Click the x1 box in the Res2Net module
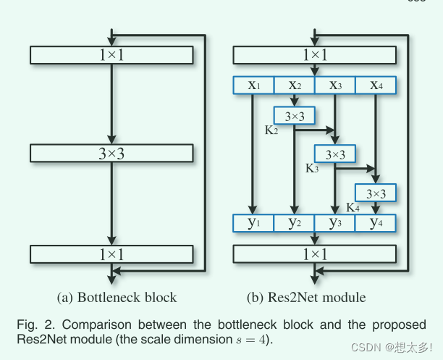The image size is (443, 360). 253,85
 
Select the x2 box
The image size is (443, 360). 294,85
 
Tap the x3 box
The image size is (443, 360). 334,85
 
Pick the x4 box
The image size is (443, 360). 375,85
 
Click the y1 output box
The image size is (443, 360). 253,223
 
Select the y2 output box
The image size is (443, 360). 294,223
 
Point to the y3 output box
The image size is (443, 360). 334,223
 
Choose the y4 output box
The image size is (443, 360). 375,223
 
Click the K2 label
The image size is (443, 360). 272,130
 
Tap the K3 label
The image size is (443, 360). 312,169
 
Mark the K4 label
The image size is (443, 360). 353,208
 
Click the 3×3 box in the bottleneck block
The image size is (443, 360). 111,153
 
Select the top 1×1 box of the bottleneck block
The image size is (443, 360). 111,55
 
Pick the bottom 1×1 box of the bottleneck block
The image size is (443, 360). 111,254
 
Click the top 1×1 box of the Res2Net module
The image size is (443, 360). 314,55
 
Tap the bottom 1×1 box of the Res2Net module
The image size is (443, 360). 314,254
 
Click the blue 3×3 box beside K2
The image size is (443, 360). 294,115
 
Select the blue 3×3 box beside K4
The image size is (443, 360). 375,193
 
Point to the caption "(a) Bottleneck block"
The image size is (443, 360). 117,297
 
